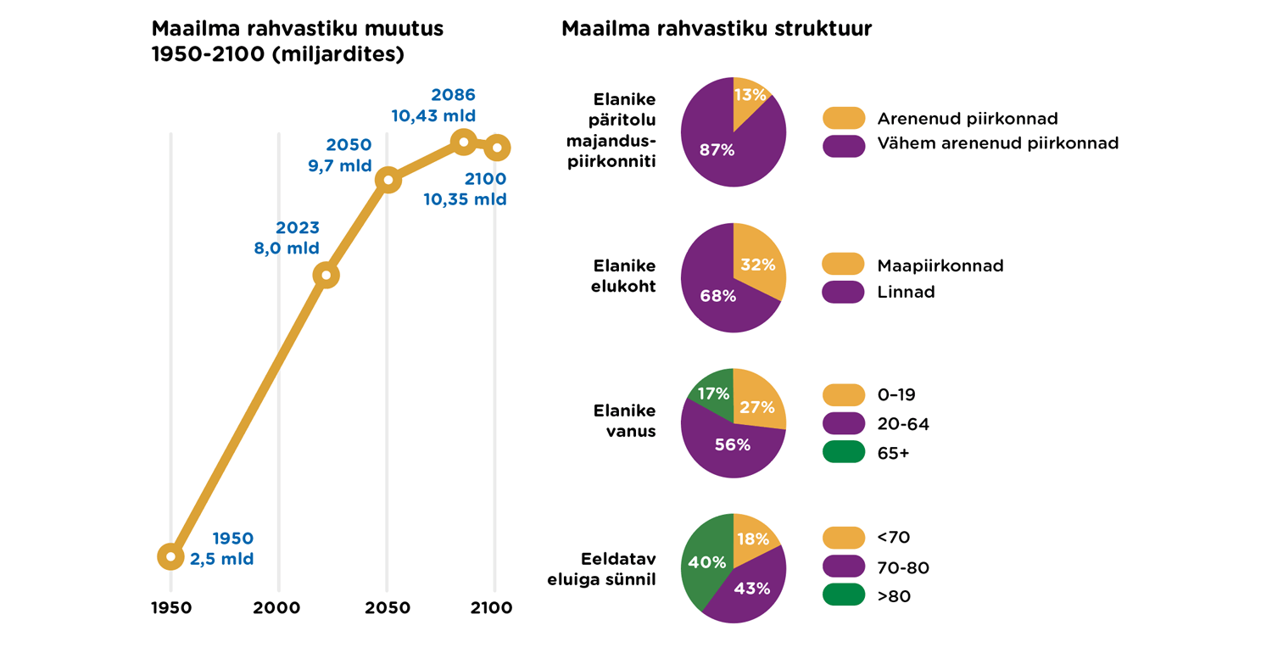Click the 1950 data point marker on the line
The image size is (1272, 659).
coord(171,556)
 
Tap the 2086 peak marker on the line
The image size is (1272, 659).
coord(463,142)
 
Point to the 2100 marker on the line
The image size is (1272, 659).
coord(497,148)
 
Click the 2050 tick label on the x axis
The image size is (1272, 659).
coord(388,608)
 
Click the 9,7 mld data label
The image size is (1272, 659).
coord(339,166)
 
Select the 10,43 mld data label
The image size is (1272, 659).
coord(433,116)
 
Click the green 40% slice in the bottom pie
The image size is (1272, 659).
coord(706,562)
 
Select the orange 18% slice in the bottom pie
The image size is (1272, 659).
coord(753,539)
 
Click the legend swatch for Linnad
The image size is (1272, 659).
coord(844,292)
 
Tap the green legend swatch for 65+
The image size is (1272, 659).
coord(844,453)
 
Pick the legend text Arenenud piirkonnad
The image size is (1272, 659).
coord(968,119)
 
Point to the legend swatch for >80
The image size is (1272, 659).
coord(844,596)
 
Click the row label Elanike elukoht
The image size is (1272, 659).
coord(623,276)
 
